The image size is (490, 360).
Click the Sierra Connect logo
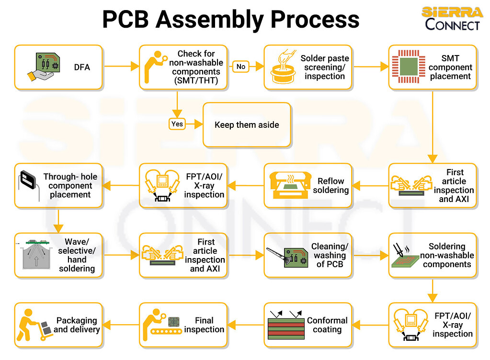[x=452, y=19]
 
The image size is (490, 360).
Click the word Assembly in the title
[x=208, y=20]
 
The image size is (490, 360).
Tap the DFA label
[x=82, y=67]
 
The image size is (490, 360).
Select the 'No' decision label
[x=241, y=67]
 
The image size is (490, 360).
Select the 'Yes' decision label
[x=177, y=124]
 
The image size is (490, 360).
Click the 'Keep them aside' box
[x=247, y=124]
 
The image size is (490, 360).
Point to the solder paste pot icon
[x=283, y=68]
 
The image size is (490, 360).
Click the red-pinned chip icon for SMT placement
[x=406, y=67]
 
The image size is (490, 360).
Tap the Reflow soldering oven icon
[x=290, y=186]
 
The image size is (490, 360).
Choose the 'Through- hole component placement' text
[x=70, y=186]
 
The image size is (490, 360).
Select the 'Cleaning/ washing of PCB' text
[x=330, y=255]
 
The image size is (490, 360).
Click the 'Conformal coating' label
[x=327, y=325]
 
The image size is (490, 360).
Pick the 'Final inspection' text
[x=204, y=325]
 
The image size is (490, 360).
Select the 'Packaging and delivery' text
[x=77, y=325]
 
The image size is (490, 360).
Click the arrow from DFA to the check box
[x=121, y=67]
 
